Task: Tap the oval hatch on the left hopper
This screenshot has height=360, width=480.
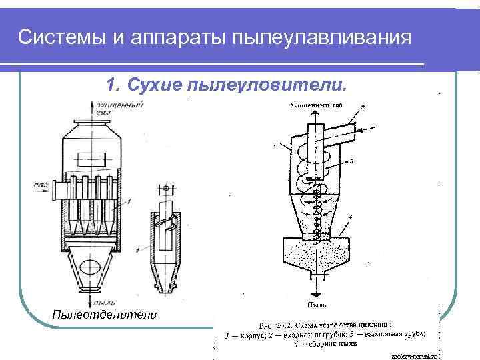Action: click(87, 267)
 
